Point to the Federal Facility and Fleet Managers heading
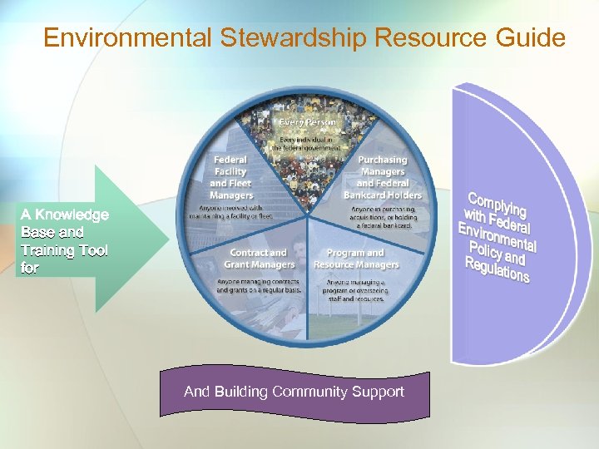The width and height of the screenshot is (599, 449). click(230, 177)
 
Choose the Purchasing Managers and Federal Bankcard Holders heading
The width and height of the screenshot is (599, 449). click(382, 177)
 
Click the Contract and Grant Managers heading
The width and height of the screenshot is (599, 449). click(260, 259)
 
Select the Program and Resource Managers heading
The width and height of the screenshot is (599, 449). click(356, 259)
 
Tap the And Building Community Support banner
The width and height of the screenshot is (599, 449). click(294, 392)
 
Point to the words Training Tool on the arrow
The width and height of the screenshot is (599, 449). click(65, 250)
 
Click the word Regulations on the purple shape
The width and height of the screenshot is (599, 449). click(497, 270)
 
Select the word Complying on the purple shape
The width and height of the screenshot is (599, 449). click(498, 206)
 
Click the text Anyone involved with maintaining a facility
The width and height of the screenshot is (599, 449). click(232, 212)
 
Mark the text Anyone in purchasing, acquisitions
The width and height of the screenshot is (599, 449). click(382, 216)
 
